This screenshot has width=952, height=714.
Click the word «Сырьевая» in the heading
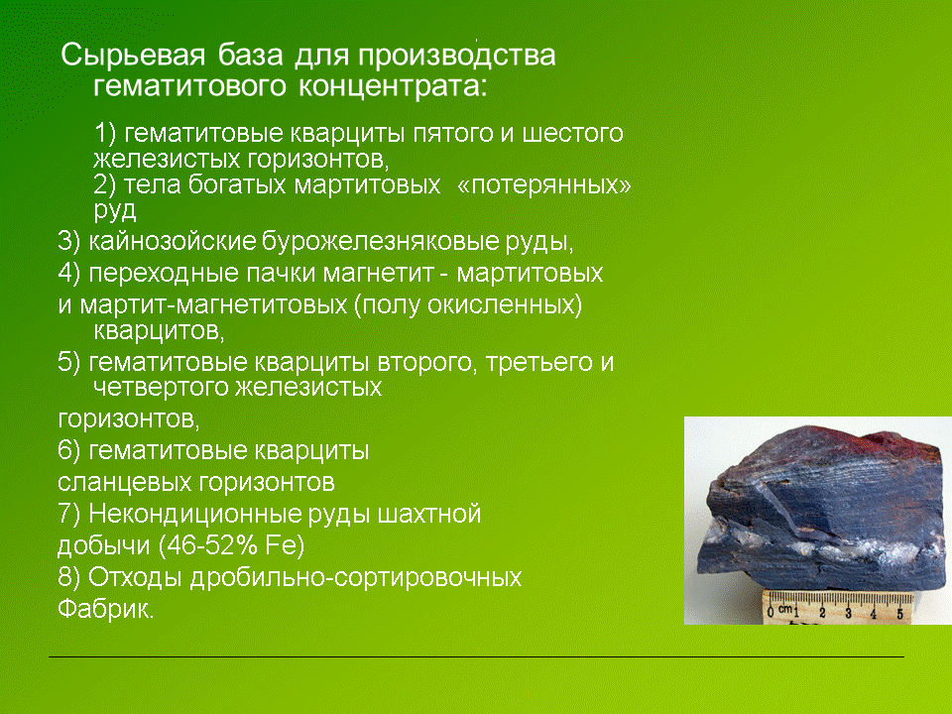(133, 56)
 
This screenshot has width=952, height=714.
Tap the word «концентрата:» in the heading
(393, 85)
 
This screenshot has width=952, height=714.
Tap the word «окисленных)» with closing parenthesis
(505, 304)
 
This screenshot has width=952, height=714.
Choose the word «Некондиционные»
(195, 515)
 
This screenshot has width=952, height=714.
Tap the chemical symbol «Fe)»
(285, 545)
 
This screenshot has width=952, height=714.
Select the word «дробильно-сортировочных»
(356, 577)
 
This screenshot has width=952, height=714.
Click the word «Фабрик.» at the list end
(106, 609)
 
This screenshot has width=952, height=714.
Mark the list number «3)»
(68, 242)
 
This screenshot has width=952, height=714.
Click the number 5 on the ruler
(899, 613)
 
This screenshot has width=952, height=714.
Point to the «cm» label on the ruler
(785, 608)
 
